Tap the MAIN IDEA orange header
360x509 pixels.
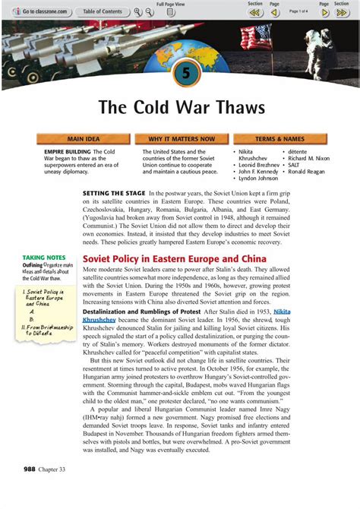click(84, 139)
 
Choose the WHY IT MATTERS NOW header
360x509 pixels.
click(182, 139)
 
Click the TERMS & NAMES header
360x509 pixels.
click(279, 139)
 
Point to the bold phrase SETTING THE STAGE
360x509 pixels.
click(114, 194)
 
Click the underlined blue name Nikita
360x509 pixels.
click(282, 311)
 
